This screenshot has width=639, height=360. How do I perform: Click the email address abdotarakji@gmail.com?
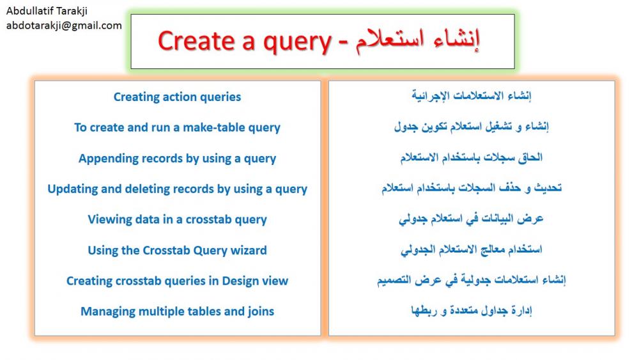[64, 26]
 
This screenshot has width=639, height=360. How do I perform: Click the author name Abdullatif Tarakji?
[47, 11]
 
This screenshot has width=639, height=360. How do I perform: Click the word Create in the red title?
[196, 41]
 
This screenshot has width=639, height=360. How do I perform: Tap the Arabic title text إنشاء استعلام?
[418, 41]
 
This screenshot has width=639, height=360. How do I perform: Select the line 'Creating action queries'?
[177, 97]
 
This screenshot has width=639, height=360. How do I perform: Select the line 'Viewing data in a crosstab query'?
[177, 220]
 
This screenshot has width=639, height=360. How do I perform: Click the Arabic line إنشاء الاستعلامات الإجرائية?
[472, 96]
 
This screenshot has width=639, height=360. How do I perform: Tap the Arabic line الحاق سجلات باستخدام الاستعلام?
[472, 157]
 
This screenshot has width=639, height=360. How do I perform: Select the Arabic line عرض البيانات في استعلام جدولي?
[471, 219]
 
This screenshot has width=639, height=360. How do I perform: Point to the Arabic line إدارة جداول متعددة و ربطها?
[472, 311]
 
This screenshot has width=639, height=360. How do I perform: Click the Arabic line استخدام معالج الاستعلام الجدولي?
[472, 249]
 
